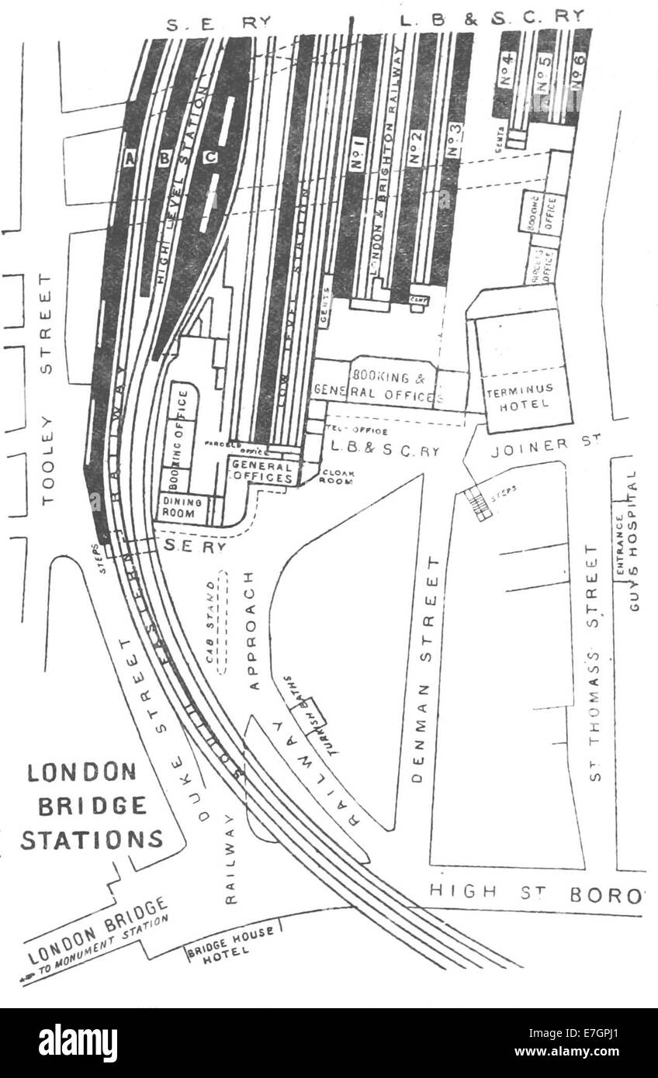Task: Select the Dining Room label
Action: (x=182, y=508)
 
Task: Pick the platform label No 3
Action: (x=455, y=140)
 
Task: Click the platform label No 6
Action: (x=577, y=78)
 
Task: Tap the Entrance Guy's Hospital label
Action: (x=629, y=542)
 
